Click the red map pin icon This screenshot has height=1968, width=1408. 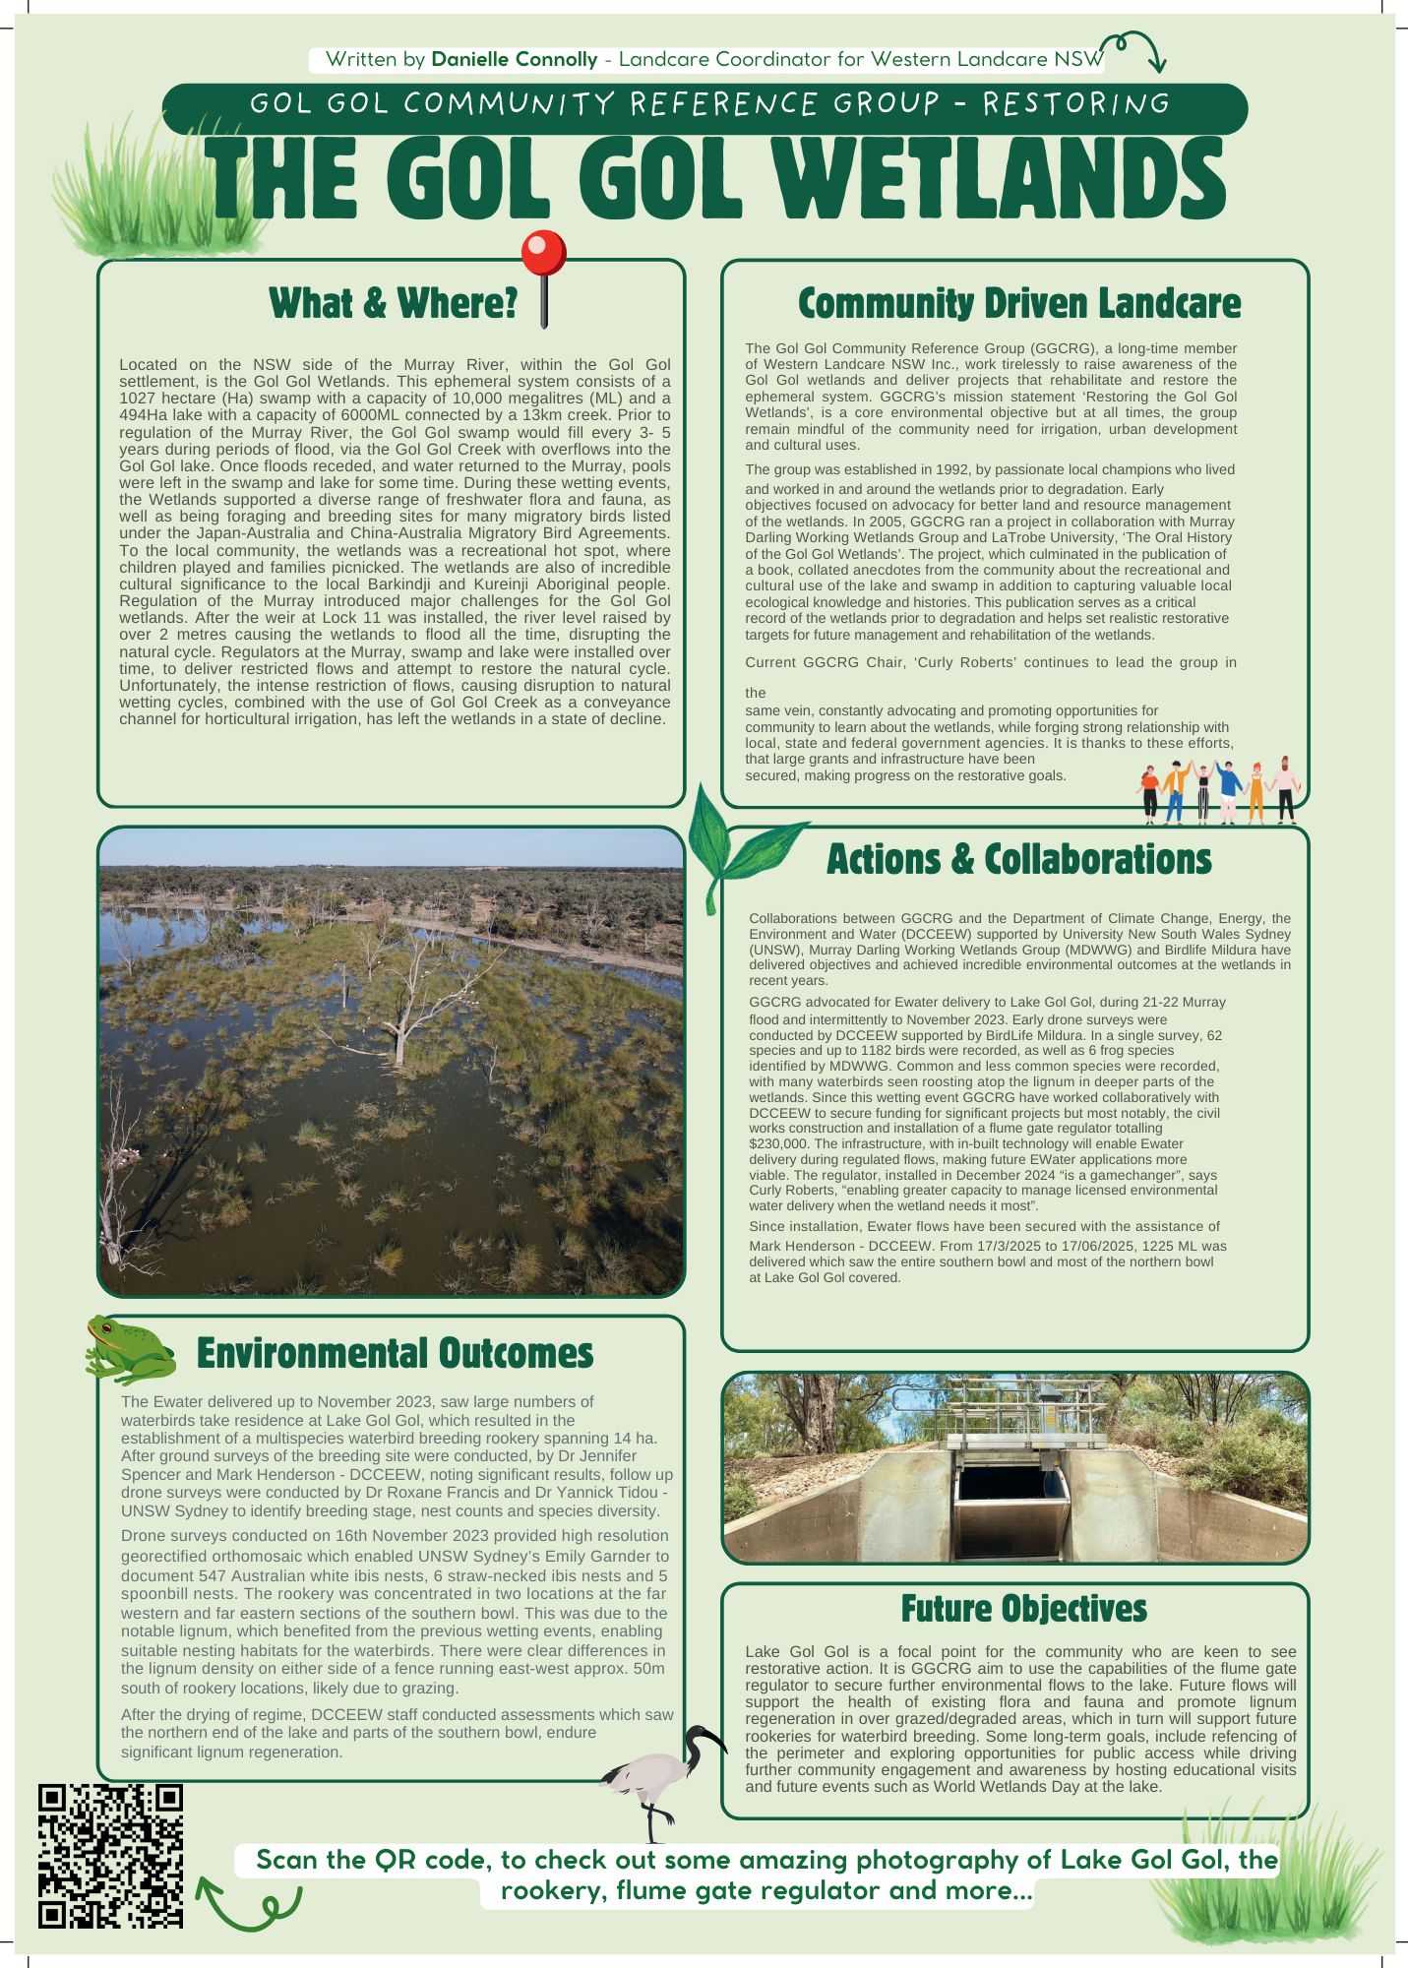tap(543, 258)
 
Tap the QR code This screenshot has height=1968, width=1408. tap(110, 1856)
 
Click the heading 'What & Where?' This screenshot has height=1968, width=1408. tap(393, 304)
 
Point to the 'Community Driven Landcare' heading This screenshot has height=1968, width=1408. tap(1018, 304)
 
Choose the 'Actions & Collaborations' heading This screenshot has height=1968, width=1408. tap(1018, 860)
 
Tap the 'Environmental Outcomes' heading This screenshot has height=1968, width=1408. tap(395, 1354)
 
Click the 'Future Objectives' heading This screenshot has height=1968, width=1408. tap(1023, 1609)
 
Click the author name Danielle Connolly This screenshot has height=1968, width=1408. tap(515, 59)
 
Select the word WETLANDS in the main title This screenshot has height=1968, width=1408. tap(995, 180)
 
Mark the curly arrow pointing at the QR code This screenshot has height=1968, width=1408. tap(246, 1904)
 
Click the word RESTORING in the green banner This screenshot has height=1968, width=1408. tap(1076, 104)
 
